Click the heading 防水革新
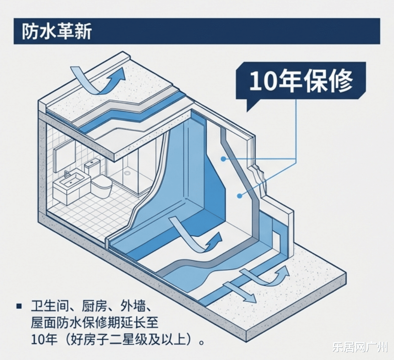[x=56, y=32]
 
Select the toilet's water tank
[x=92, y=167]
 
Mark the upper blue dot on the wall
[x=223, y=159]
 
